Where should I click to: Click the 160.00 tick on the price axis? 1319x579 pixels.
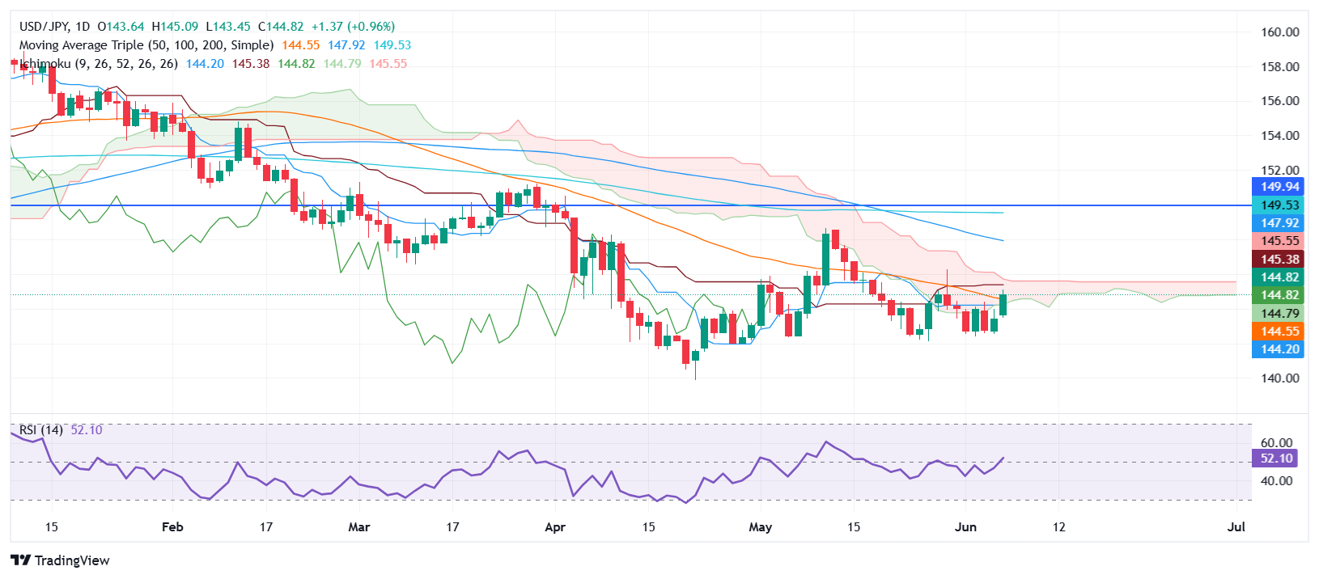pos(1279,32)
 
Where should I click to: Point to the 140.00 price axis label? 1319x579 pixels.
pos(1279,378)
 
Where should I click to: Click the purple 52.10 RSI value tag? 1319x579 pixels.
pos(1276,459)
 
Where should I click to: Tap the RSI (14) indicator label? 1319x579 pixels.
pos(41,430)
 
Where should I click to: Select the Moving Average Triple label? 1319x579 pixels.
pos(146,45)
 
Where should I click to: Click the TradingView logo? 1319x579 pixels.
pos(61,560)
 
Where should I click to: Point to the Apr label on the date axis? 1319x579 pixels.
pos(555,527)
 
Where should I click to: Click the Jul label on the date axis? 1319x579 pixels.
pos(1236,527)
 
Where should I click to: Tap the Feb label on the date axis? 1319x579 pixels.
pos(172,527)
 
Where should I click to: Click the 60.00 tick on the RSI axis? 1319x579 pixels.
pos(1276,442)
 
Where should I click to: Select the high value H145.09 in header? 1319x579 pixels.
pos(175,27)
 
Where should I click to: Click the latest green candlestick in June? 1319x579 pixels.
pos(1003,305)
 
